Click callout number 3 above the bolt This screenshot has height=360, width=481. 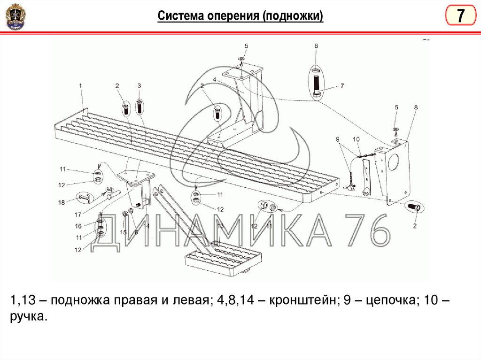pyautogui.click(x=139, y=85)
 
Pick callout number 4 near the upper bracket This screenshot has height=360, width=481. pyautogui.click(x=214, y=79)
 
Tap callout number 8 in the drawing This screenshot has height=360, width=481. pyautogui.click(x=415, y=107)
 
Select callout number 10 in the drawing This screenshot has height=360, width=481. pyautogui.click(x=356, y=139)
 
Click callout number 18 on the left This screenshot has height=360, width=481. pyautogui.click(x=62, y=202)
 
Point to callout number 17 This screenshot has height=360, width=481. pyautogui.click(x=78, y=214)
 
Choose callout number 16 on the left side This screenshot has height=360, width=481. pyautogui.click(x=78, y=226)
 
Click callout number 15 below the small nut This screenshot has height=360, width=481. pyautogui.click(x=123, y=232)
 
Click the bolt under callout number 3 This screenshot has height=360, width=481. pyautogui.click(x=140, y=106)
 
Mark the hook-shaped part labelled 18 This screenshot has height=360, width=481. pyautogui.click(x=86, y=197)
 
